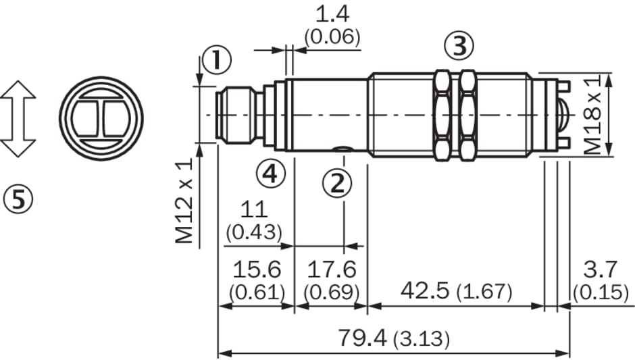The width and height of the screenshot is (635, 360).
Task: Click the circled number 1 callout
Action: (217, 60)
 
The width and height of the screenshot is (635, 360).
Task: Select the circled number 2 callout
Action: (337, 184)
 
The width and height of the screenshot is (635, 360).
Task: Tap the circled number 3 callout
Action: (459, 46)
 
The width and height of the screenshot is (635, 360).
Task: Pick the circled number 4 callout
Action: (270, 174)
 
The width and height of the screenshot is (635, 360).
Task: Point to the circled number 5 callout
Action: (18, 199)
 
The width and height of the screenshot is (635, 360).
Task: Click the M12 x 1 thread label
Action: (184, 201)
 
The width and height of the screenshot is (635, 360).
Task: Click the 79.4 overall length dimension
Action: (362, 337)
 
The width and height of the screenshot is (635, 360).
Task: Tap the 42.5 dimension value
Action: (425, 290)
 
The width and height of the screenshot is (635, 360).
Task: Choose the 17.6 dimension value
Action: (332, 269)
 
